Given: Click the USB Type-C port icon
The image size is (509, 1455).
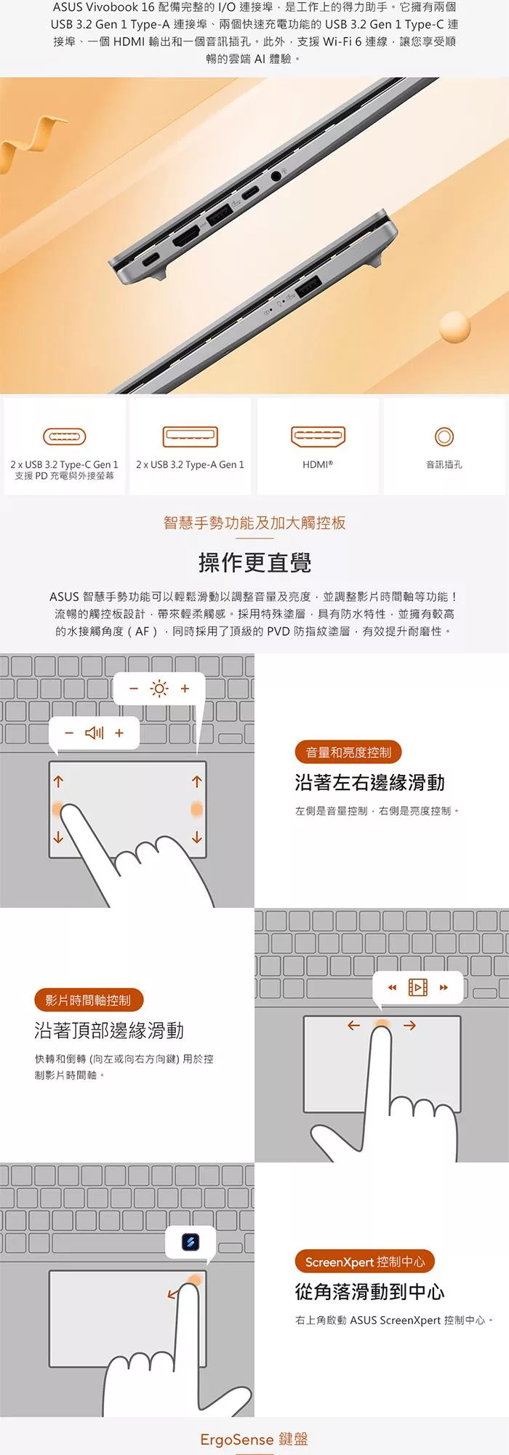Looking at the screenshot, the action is pos(65,436).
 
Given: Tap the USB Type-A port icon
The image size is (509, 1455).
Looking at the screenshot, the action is pos(191,436).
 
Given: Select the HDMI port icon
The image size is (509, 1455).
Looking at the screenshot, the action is pos(318,436).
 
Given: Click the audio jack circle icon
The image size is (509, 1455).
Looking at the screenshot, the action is pos(444,436).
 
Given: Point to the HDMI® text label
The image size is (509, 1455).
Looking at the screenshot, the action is pos(318,464).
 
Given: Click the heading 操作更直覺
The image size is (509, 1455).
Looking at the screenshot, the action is pos(254,562).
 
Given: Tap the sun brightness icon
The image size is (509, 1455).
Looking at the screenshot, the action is pos(159,688).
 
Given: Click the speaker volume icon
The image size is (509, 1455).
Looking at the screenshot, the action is pos(95,733).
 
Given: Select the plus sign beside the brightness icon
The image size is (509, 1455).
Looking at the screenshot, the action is pos(185,688).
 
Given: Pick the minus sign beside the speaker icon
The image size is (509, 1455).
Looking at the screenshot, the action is pos(69,733).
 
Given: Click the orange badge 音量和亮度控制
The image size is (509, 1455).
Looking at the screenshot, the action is pos(348,752).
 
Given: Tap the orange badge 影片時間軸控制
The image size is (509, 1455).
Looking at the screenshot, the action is pos(88,1000).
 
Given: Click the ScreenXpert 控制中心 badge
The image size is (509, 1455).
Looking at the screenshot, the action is pos(365,1261).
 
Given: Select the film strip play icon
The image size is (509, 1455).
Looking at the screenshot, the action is pos(418,987).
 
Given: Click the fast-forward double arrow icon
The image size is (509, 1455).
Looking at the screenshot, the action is pos(444,987).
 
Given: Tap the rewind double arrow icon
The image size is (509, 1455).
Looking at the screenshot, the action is pos(393,987).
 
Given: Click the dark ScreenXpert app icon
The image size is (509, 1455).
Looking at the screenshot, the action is pos(191,1242).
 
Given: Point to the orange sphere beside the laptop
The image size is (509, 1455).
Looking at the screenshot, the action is pos(455,327).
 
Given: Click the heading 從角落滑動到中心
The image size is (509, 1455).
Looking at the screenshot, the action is pos(369,1292).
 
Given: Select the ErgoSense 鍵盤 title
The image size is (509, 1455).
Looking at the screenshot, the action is pos(254,1439).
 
